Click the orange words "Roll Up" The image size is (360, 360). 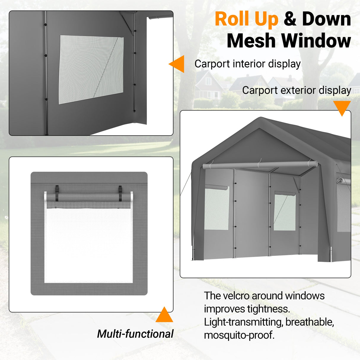point(246,19)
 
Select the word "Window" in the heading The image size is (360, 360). point(316,41)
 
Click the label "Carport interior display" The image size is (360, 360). point(247,64)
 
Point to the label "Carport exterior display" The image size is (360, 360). point(297,90)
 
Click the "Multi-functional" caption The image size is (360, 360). point(135,334)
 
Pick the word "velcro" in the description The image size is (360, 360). point(236,296)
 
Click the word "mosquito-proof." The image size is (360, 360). point(239,335)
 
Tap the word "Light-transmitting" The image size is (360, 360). point(243,322)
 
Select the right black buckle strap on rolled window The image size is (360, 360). point(120,193)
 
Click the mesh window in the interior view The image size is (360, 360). point(91,70)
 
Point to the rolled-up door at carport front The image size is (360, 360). point(259,165)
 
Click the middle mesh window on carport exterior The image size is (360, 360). point(285,212)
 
